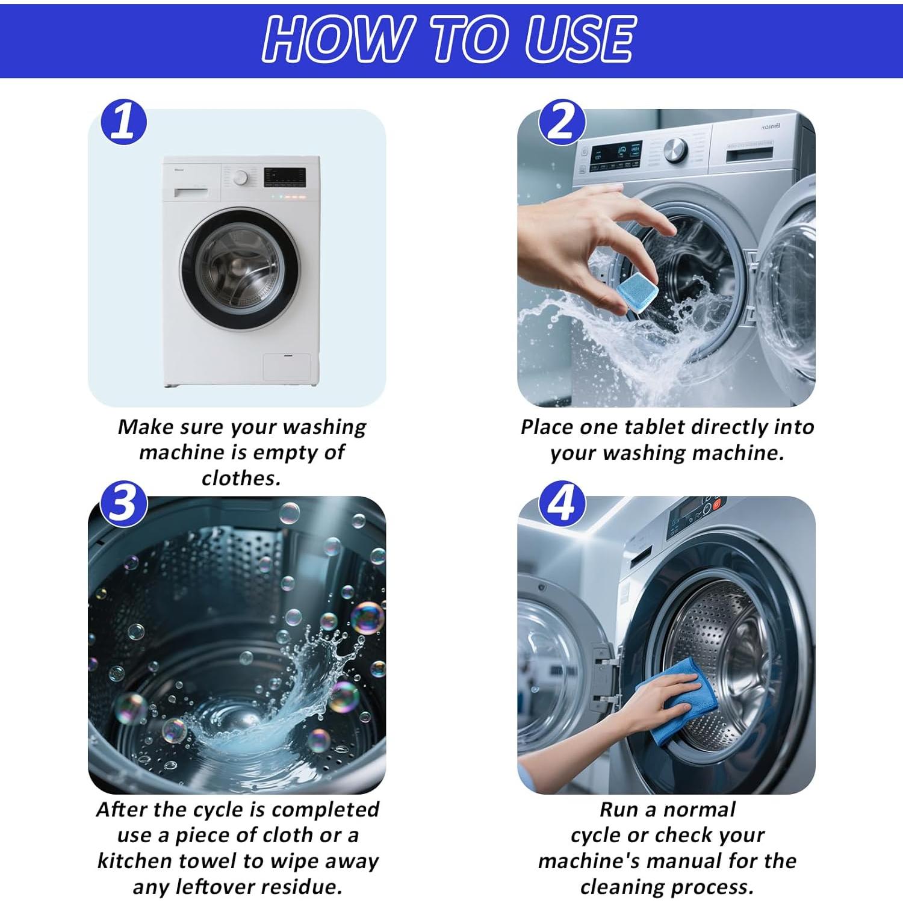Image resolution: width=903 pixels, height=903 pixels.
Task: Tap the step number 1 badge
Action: (x=124, y=122)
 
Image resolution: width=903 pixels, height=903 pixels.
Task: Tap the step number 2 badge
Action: (x=562, y=122)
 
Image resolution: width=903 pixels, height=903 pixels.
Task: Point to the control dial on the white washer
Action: (x=241, y=178)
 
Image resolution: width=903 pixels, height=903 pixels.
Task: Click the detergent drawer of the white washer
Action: (x=191, y=192)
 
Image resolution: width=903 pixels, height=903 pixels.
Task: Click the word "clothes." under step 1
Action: (x=241, y=478)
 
